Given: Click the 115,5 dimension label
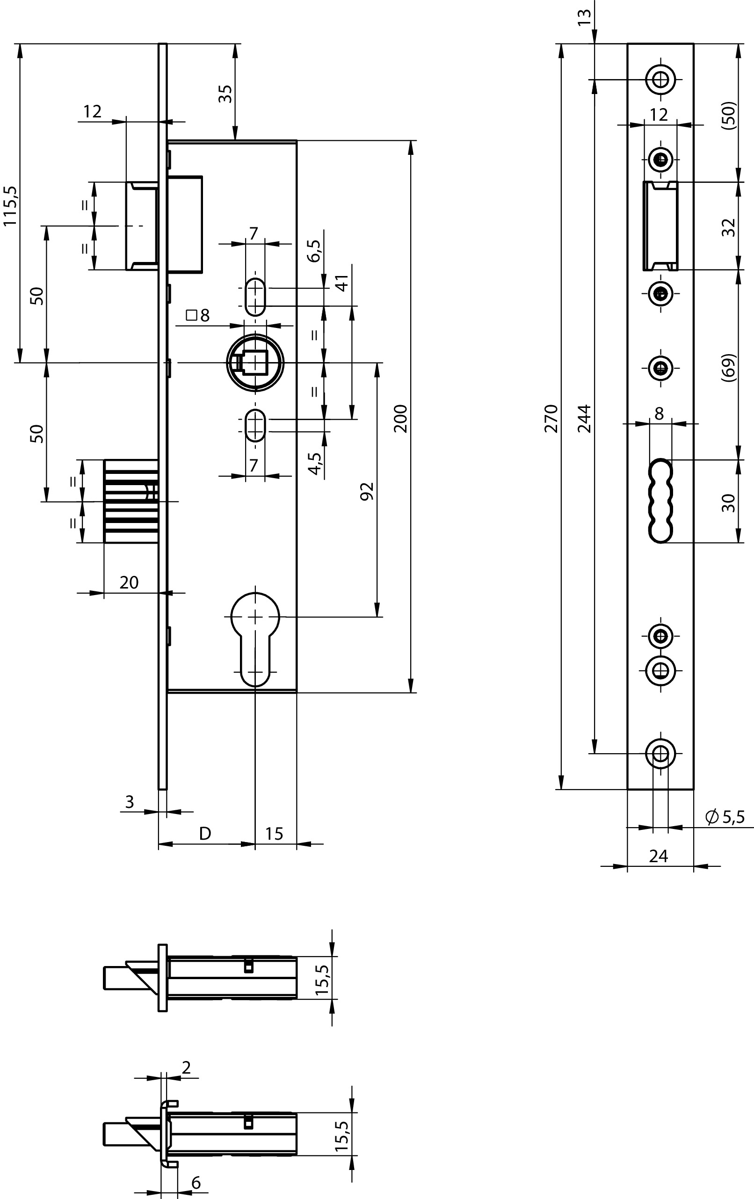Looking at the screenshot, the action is pyautogui.click(x=10, y=205).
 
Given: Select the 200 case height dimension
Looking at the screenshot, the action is pyautogui.click(x=401, y=418).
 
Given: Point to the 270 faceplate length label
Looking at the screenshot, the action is pyautogui.click(x=552, y=418).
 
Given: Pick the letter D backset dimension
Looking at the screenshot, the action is pyautogui.click(x=205, y=833).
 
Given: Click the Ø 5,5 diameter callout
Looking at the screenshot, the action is pyautogui.click(x=725, y=817).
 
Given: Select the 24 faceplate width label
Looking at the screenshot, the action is pyautogui.click(x=659, y=856).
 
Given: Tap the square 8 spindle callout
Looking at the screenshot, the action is pyautogui.click(x=197, y=315).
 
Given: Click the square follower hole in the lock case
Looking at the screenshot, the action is pyautogui.click(x=255, y=363).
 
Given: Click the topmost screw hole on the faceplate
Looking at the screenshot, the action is pyautogui.click(x=661, y=79).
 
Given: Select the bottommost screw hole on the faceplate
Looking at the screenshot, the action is pyautogui.click(x=660, y=753).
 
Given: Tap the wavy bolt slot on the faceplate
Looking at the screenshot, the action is pyautogui.click(x=660, y=501).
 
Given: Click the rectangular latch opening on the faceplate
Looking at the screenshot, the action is pyautogui.click(x=660, y=225).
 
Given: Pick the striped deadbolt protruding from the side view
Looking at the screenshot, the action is pyautogui.click(x=131, y=501).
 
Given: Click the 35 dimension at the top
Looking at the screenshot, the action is pyautogui.click(x=226, y=94).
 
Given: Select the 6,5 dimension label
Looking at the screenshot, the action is pyautogui.click(x=314, y=250).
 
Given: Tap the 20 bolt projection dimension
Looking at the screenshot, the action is pyautogui.click(x=129, y=582).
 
